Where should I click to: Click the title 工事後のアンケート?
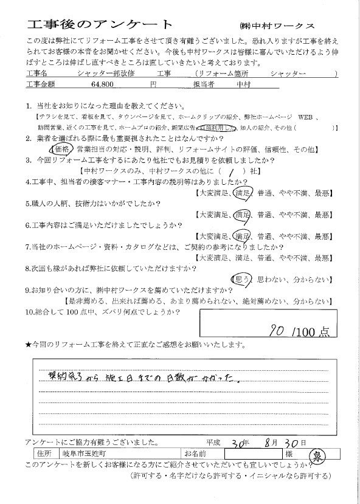[100, 24]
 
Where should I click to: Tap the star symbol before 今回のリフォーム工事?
[29, 345]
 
